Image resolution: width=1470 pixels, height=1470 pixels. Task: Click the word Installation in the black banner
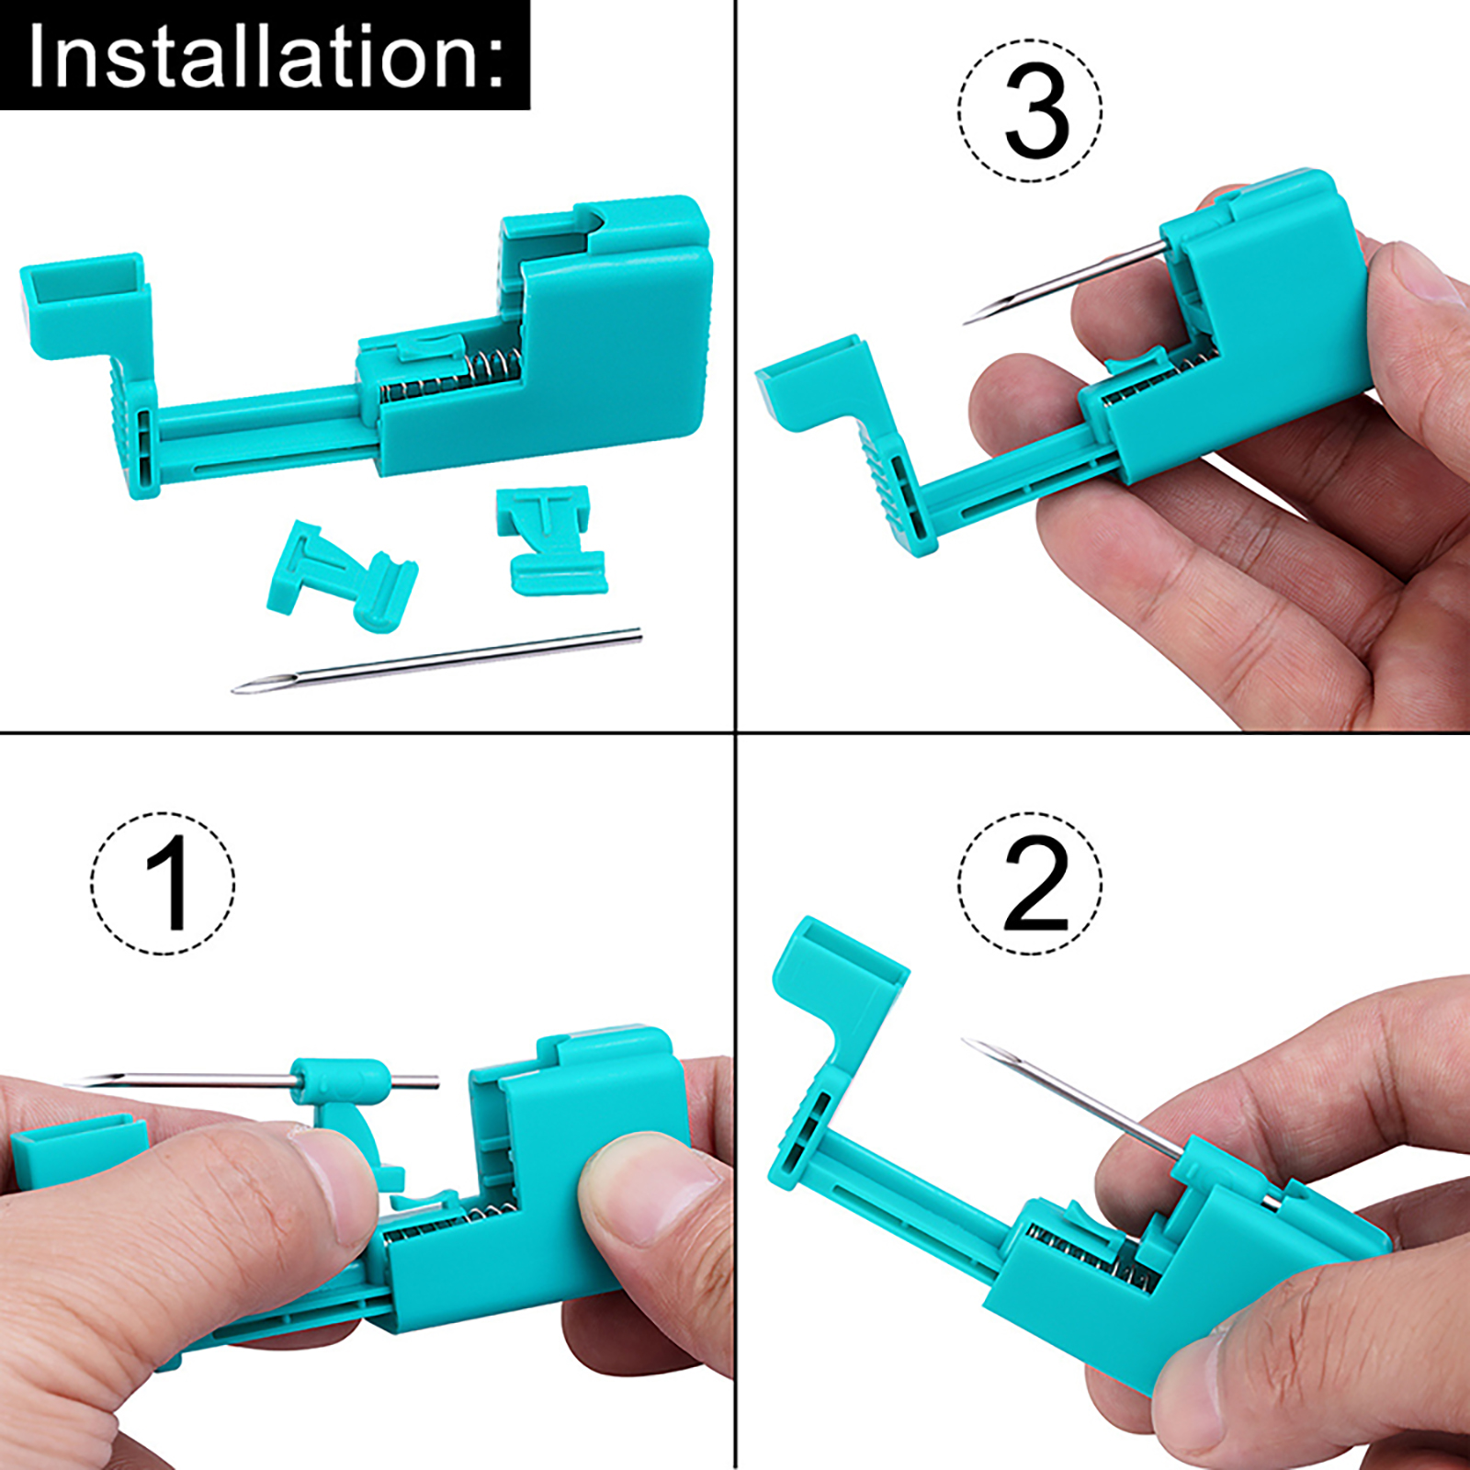click(x=252, y=56)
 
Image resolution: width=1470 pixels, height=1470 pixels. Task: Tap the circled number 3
click(x=1030, y=111)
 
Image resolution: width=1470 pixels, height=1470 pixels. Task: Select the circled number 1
click(x=163, y=884)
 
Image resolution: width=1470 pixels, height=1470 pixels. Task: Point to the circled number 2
click(x=1030, y=884)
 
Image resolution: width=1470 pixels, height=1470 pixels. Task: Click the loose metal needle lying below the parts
click(x=436, y=661)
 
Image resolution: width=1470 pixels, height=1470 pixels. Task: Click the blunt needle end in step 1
click(x=433, y=1081)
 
